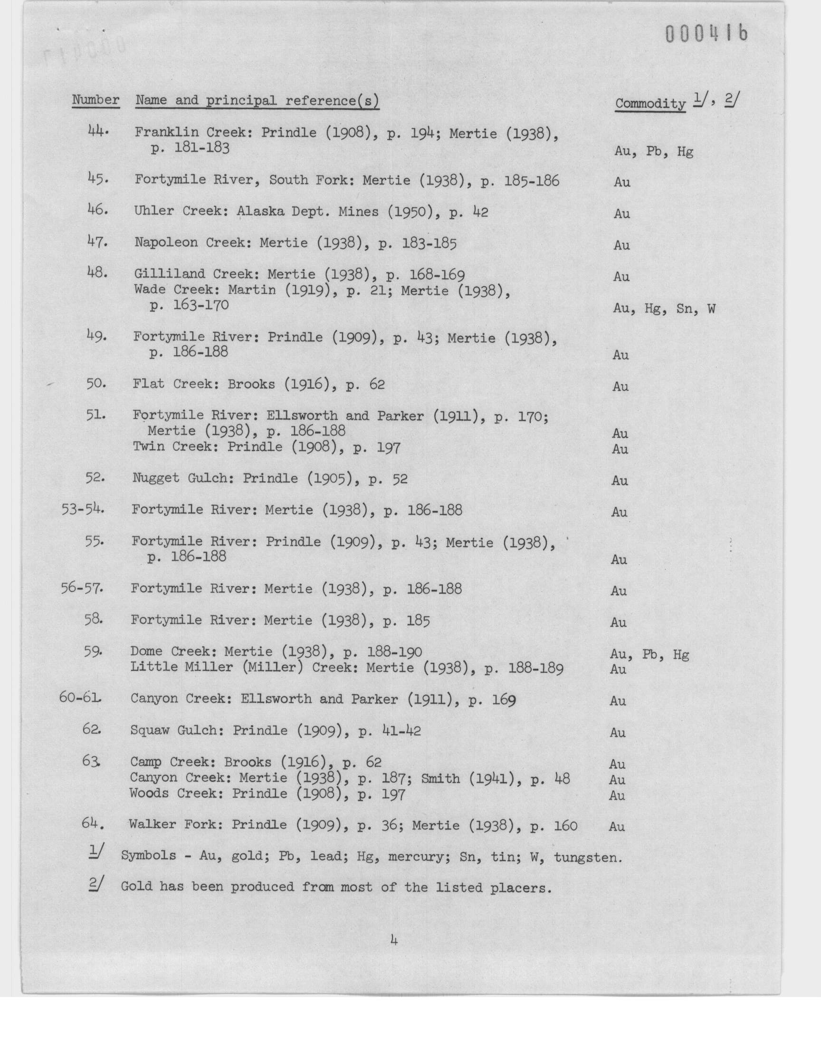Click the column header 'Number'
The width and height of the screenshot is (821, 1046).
[x=95, y=100]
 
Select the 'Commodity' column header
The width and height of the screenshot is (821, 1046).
[x=650, y=103]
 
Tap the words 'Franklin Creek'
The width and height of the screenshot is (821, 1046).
[x=189, y=132]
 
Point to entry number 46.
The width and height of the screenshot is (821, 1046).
[x=98, y=210]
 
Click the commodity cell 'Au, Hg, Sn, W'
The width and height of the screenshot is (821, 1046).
[x=664, y=309]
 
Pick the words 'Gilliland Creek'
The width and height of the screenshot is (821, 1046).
[x=193, y=274]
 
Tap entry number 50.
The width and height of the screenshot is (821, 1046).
[x=96, y=383]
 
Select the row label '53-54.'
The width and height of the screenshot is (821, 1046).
[x=83, y=509]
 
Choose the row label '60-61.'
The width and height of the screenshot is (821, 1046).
[x=80, y=697]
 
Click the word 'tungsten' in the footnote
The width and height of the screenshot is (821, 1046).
[x=588, y=856]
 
